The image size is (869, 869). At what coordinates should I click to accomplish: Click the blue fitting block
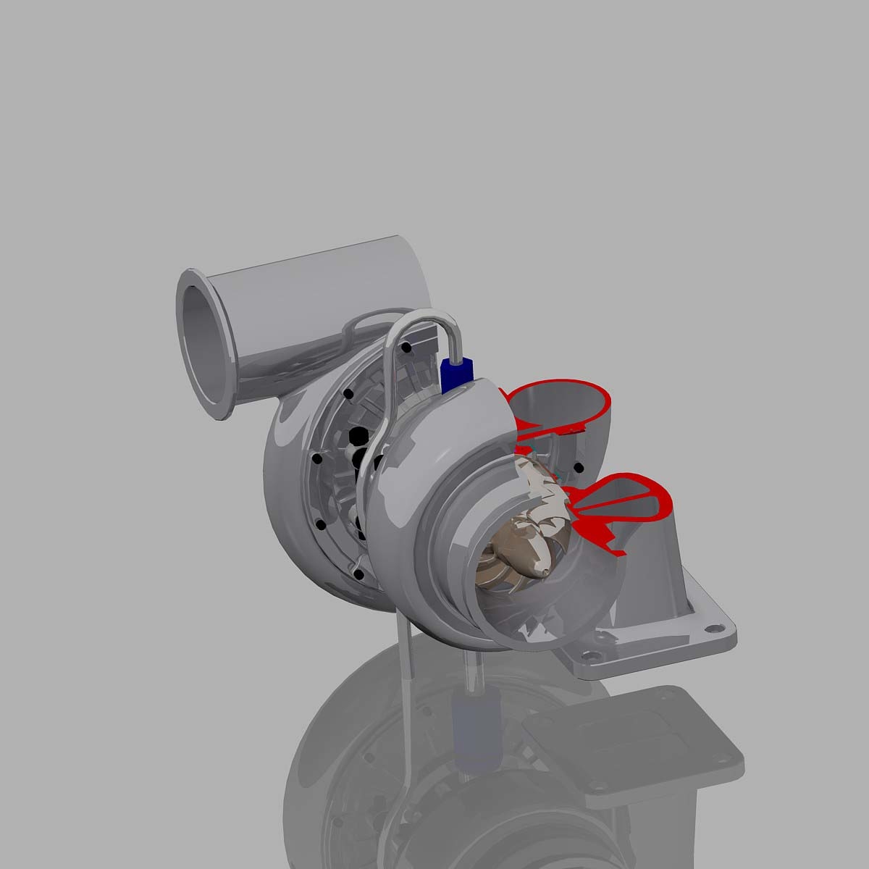454,372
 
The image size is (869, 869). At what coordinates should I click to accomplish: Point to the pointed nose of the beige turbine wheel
542,572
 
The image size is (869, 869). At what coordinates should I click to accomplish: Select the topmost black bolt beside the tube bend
406,348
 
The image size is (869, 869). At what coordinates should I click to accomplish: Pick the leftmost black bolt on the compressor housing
316,458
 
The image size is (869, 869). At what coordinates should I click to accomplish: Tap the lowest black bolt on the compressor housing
358,574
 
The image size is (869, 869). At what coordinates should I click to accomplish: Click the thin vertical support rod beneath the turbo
405,637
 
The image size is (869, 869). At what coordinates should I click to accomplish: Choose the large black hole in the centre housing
358,437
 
